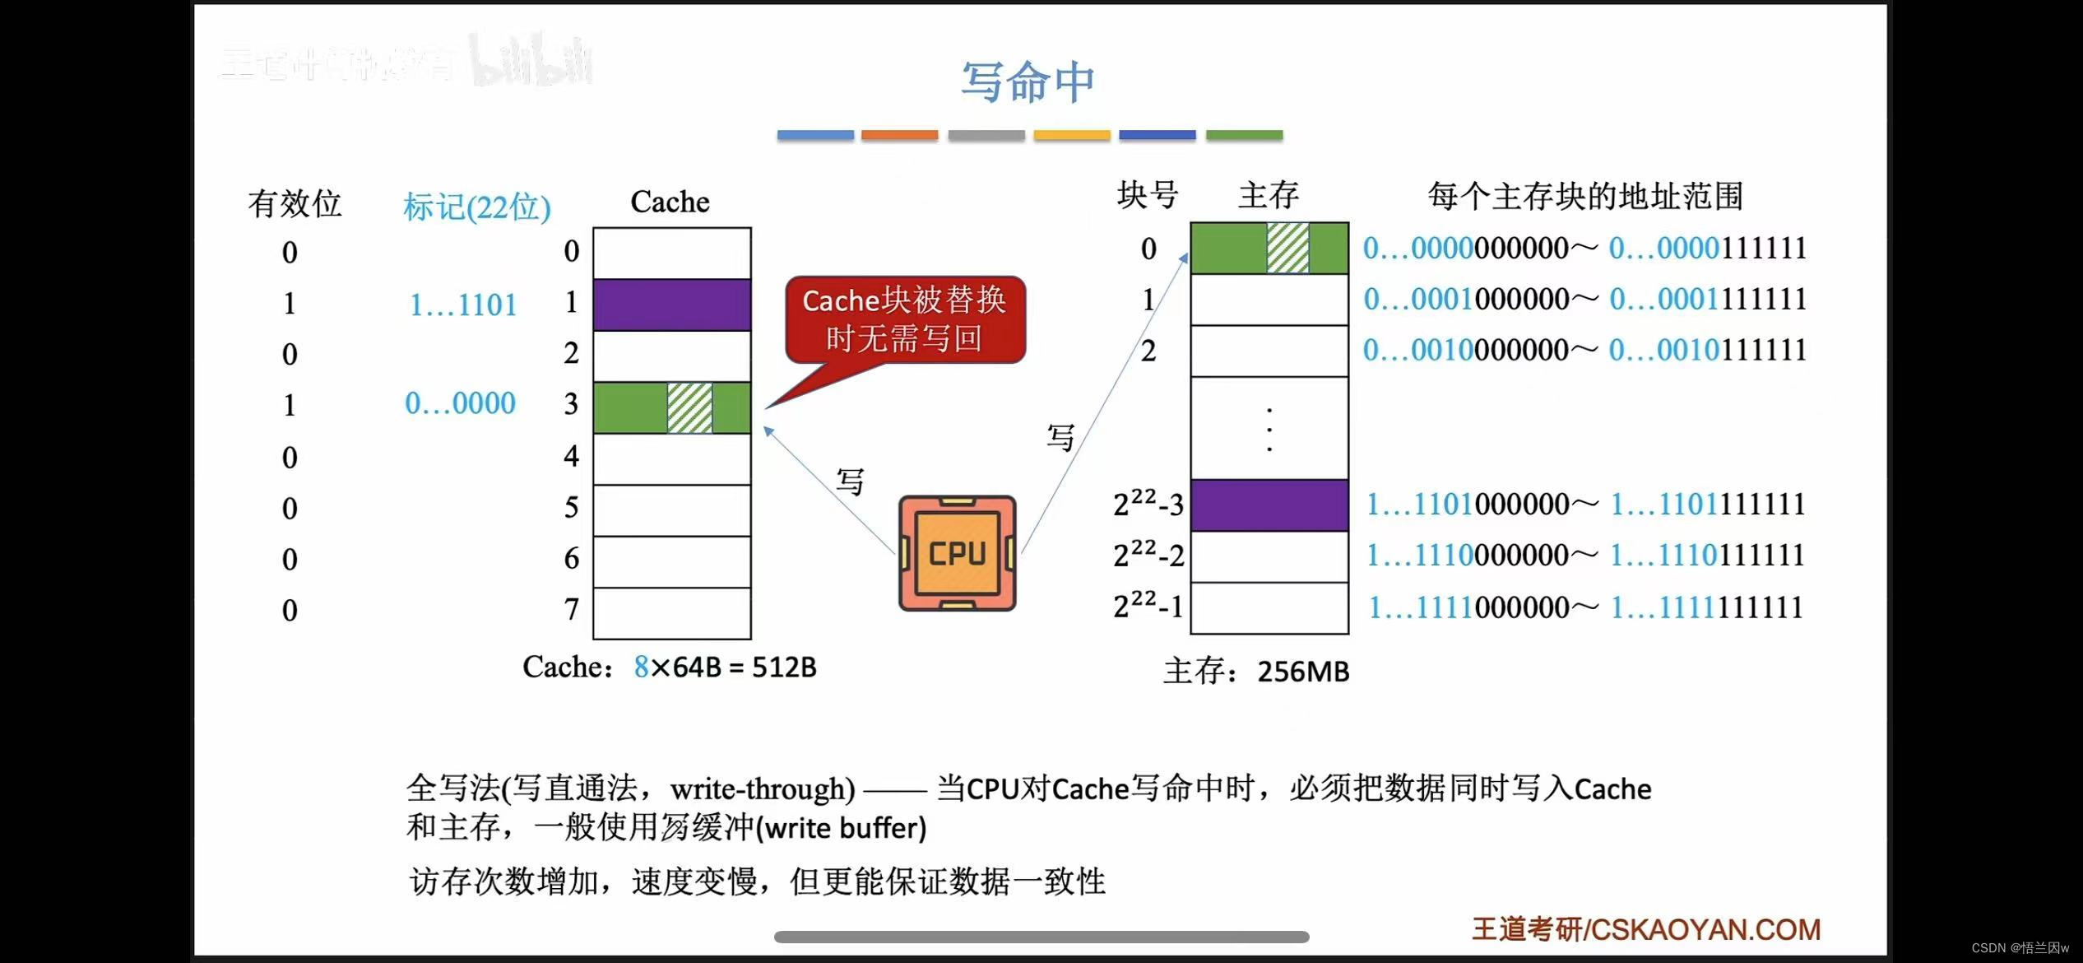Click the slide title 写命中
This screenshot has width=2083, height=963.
[x=1028, y=81]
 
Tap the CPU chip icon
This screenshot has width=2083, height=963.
[x=957, y=553]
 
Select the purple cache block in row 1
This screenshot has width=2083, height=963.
[x=671, y=305]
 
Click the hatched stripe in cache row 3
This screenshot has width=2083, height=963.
[x=689, y=407]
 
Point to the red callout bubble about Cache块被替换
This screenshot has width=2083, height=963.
[x=905, y=319]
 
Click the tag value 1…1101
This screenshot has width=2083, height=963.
[x=463, y=305]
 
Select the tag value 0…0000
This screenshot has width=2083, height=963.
[x=460, y=403]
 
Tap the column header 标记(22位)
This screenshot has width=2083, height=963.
[x=476, y=207]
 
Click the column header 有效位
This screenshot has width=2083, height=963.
[x=295, y=203]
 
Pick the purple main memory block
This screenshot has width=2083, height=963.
[x=1269, y=505]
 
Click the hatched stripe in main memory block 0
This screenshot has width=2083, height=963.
[x=1287, y=248]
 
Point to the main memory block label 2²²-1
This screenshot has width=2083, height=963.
[x=1148, y=607]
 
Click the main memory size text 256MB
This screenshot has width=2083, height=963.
[x=1303, y=672]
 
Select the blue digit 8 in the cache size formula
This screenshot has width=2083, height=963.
[x=641, y=667]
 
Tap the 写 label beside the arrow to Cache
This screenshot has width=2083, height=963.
[x=850, y=481]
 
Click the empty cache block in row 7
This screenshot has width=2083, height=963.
[x=671, y=612]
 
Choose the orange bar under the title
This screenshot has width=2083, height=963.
[x=899, y=135]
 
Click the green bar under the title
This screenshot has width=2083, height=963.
[x=1244, y=135]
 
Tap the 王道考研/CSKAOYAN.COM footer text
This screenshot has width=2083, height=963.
[x=1645, y=929]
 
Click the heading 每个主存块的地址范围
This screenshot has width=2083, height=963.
[x=1584, y=196]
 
